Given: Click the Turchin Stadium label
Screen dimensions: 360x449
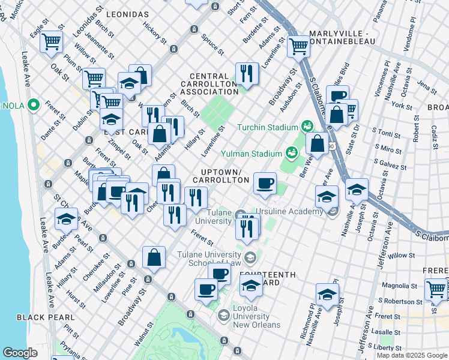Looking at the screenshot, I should point(268,127).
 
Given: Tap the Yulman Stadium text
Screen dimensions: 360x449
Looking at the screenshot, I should point(252,152).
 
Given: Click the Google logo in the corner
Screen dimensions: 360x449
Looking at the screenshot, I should point(20,353).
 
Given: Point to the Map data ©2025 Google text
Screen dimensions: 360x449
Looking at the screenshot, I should point(411,355).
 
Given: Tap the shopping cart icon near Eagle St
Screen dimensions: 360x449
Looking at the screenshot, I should point(52,41).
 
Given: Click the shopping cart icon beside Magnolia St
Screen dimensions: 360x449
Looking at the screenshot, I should point(436,290).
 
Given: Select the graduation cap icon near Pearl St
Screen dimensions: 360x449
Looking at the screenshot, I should point(66,219).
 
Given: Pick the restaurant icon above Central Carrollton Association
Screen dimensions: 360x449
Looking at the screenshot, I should point(247,73).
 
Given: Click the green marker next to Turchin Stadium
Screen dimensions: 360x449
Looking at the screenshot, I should point(307,125).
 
